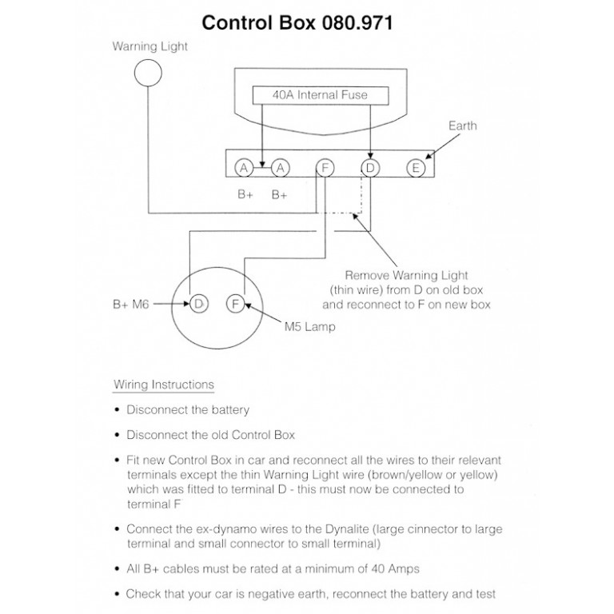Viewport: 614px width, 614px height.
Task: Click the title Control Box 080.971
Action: (297, 22)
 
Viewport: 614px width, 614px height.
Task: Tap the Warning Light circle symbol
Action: (147, 73)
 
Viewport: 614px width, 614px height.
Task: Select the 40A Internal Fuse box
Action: (321, 95)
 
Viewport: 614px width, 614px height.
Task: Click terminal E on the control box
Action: (415, 168)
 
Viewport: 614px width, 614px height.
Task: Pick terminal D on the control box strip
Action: (370, 168)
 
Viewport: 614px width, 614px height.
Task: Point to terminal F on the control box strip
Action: (324, 168)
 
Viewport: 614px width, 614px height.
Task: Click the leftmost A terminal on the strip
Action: (245, 168)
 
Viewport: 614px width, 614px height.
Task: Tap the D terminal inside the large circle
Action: (198, 304)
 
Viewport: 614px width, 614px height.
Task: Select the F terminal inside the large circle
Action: (236, 304)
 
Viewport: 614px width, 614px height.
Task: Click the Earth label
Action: (462, 126)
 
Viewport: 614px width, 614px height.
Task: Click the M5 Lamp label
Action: (309, 327)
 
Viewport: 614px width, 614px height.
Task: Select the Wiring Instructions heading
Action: (164, 385)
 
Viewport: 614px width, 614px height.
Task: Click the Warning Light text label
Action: (150, 46)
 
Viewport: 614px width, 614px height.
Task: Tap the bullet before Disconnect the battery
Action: (118, 410)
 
